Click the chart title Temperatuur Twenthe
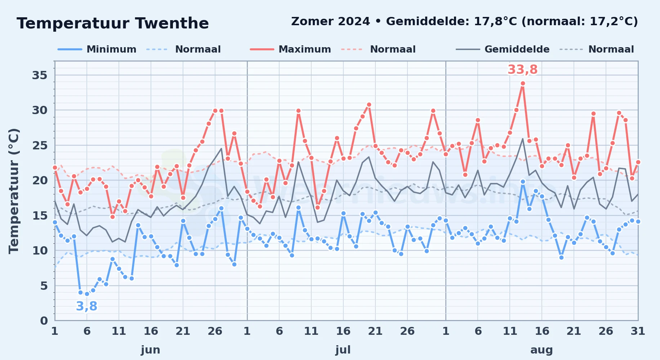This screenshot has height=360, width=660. (x=113, y=23)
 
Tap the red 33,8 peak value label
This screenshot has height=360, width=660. (x=523, y=69)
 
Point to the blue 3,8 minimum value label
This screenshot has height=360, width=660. (x=86, y=306)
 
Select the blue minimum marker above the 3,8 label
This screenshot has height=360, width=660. (x=87, y=294)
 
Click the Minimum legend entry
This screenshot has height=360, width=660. (x=97, y=49)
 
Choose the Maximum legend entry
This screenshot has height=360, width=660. (x=290, y=49)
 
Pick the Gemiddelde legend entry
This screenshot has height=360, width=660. (x=503, y=49)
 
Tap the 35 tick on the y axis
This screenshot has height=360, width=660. (x=40, y=75)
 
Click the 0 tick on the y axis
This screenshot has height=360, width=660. (x=44, y=320)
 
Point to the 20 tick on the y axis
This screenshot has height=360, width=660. (x=40, y=180)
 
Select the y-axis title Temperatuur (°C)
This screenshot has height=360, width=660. (x=14, y=191)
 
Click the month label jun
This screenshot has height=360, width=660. (x=151, y=350)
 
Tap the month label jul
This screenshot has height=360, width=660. (x=343, y=350)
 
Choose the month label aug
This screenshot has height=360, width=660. (x=541, y=350)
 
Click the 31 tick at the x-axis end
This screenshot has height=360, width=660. (x=638, y=331)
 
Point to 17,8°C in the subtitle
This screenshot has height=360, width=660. (x=496, y=21)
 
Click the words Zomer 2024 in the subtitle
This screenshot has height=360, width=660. (x=330, y=21)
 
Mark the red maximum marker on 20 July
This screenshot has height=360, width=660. (x=369, y=105)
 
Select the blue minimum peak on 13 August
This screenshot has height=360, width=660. (x=523, y=182)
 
